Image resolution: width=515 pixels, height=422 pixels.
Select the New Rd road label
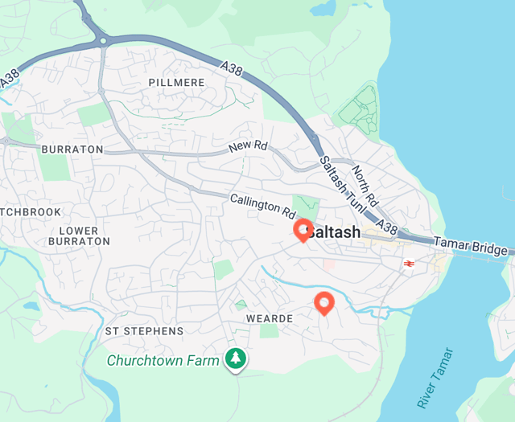[247, 147]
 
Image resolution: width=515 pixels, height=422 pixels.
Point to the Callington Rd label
[263, 207]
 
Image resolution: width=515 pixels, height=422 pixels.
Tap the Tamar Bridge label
[471, 245]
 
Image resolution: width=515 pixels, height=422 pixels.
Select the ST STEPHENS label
[145, 331]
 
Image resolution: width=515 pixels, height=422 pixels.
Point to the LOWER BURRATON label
[79, 236]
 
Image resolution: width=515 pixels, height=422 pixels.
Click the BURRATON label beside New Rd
[72, 150]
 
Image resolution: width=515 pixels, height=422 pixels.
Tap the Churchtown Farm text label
[163, 361]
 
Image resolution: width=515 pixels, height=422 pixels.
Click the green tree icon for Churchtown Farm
[235, 358]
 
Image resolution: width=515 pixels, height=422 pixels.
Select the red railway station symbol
[409, 263]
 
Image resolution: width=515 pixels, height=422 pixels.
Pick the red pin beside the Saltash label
[304, 230]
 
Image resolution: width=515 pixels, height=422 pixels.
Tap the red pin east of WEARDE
[324, 302]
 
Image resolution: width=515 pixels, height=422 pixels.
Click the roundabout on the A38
[102, 39]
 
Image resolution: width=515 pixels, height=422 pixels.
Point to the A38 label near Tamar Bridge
[386, 228]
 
